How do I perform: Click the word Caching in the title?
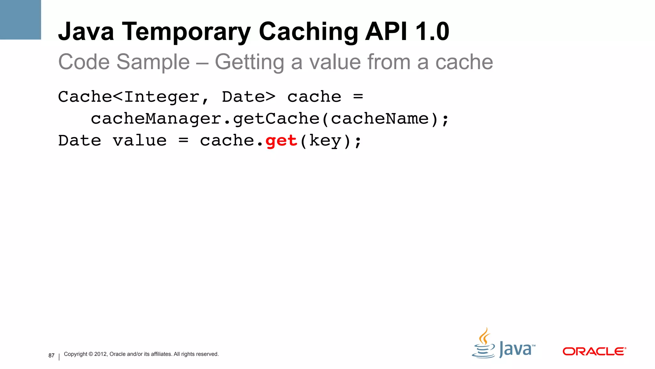point(308,32)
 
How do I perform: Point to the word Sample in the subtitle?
point(153,62)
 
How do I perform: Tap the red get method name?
point(281,141)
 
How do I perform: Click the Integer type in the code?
point(162,97)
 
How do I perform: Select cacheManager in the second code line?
point(156,119)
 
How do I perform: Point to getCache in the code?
point(276,119)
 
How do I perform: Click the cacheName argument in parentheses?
point(380,119)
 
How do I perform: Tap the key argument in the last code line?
point(325,141)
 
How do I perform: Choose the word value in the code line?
point(140,141)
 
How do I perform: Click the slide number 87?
point(51,356)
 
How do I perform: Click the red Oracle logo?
point(594,351)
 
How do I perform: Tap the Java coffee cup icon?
point(484,344)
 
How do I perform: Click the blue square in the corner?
point(20,20)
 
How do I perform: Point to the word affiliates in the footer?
point(161,354)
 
